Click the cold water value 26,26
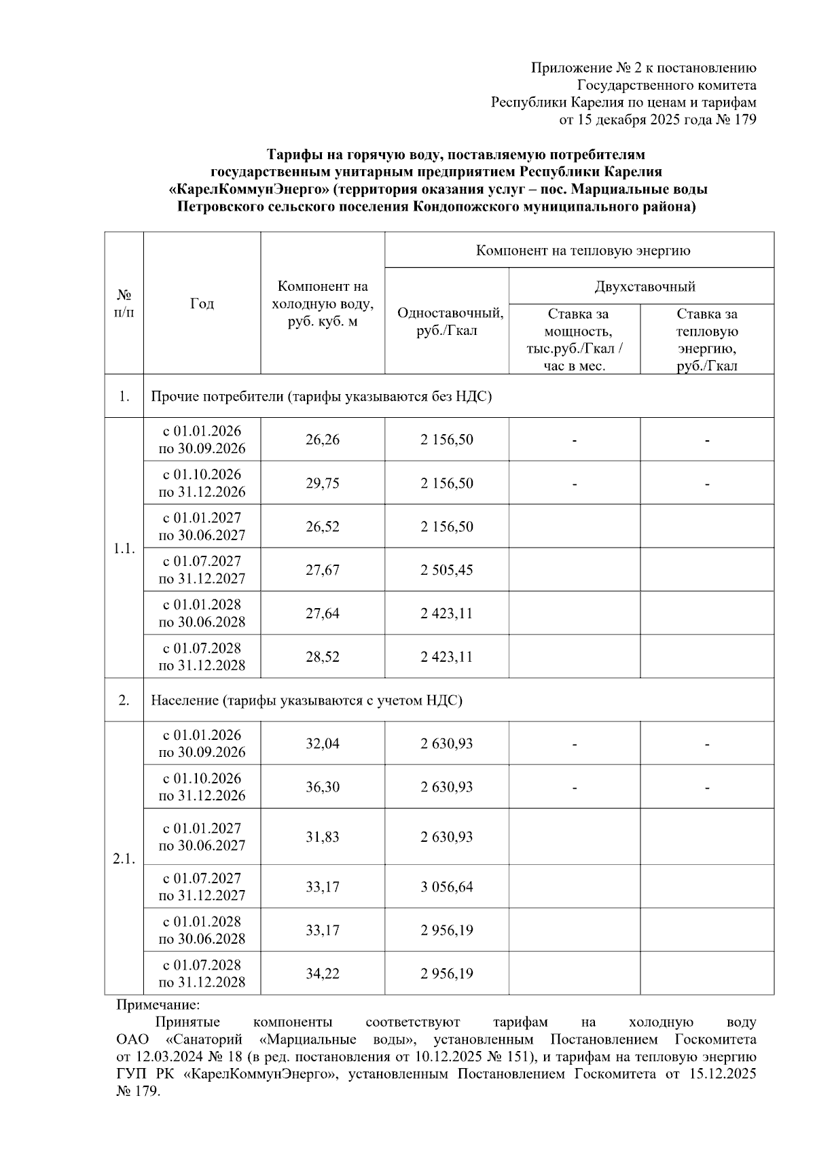coord(322,440)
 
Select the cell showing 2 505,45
coord(446,570)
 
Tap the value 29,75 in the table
coord(322,483)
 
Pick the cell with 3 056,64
coord(446,887)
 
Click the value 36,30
coord(322,787)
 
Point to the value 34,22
coord(322,974)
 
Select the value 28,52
coord(322,657)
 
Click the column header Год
coord(202,304)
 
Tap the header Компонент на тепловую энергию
coord(583,251)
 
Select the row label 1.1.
coord(124,548)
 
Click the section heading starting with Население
coord(306,700)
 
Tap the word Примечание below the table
coord(158,1004)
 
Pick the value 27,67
coord(322,570)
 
